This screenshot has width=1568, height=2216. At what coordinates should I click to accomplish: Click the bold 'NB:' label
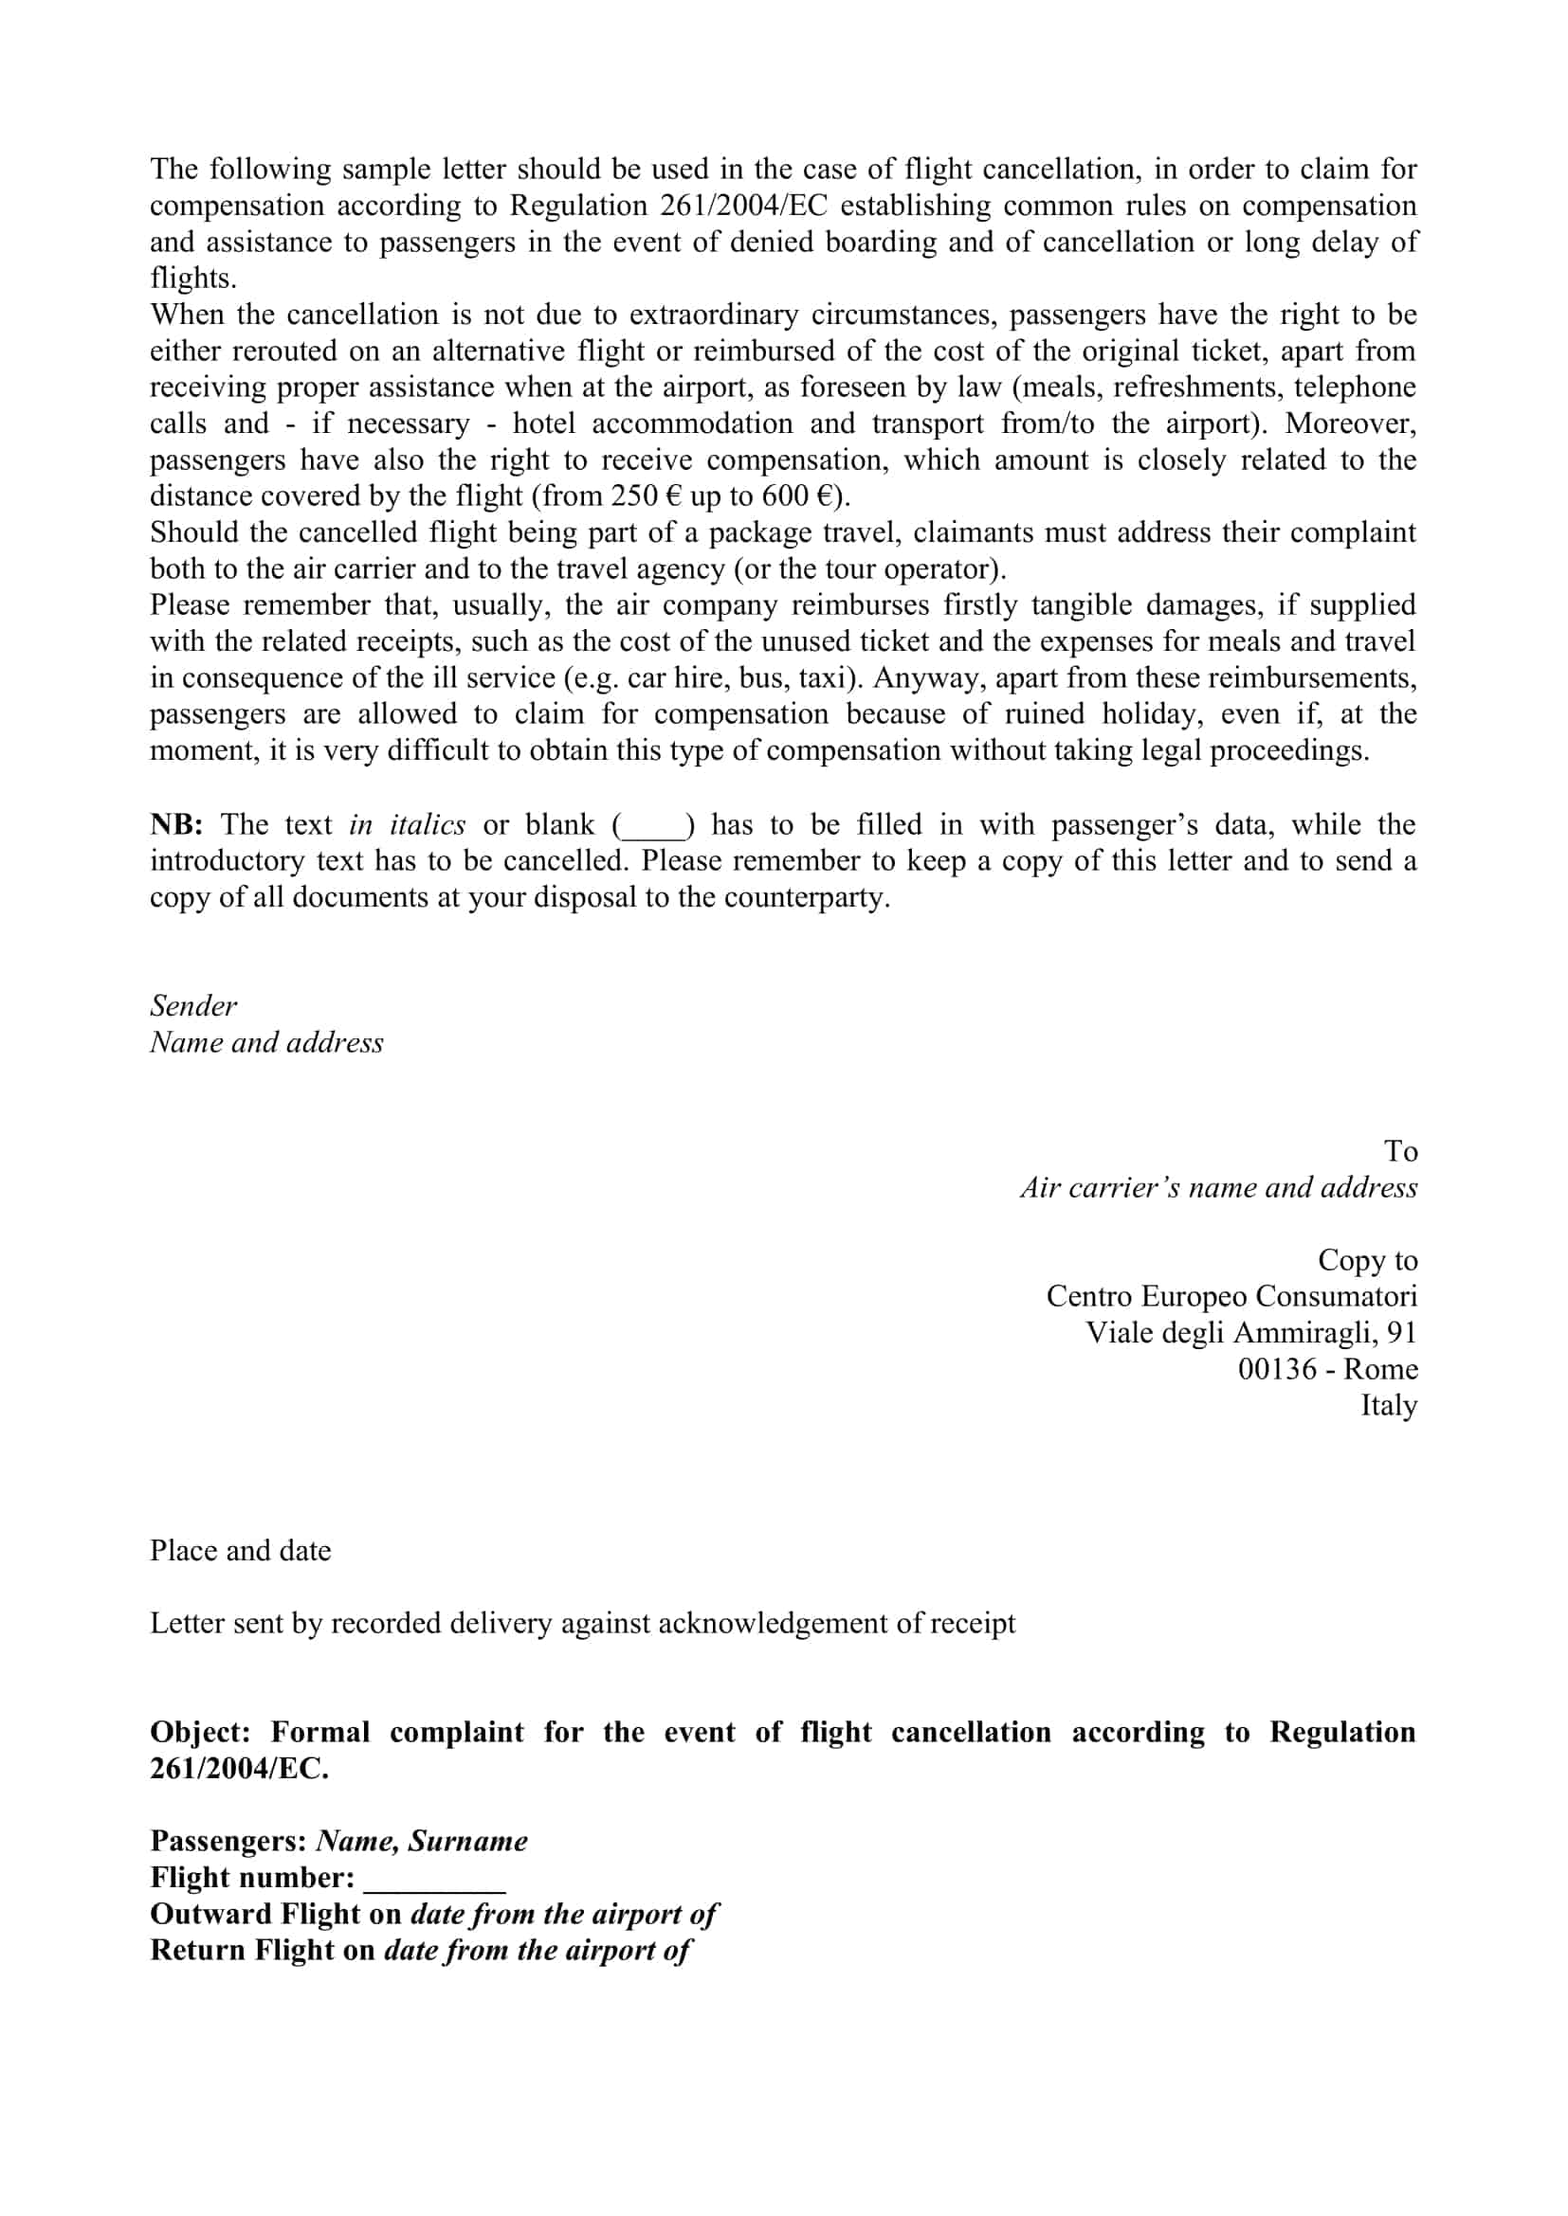(175, 825)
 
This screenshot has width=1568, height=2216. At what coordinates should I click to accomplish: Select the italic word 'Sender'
(193, 1006)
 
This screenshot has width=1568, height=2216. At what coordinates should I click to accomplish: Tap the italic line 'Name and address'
(266, 1042)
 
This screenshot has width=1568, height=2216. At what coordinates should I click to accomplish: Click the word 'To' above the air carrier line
(1400, 1151)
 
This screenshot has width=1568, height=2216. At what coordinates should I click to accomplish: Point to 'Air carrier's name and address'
(1218, 1188)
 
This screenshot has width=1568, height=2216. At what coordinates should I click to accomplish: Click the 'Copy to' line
(1367, 1260)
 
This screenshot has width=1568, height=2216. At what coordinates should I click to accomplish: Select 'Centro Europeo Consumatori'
(1231, 1296)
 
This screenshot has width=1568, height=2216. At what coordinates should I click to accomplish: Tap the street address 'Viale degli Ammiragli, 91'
(1250, 1333)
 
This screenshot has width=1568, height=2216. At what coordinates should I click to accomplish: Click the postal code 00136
(1276, 1370)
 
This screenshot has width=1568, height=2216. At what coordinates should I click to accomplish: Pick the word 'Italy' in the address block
(1389, 1405)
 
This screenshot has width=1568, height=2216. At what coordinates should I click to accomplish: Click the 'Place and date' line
(241, 1551)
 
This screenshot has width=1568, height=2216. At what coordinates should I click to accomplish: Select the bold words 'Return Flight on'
(263, 1951)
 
